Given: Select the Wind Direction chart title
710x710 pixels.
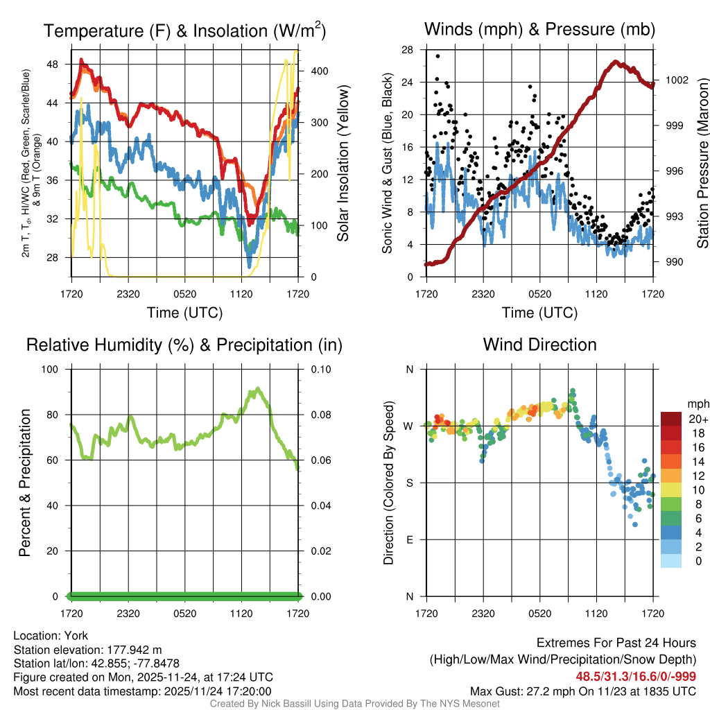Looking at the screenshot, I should tap(539, 345).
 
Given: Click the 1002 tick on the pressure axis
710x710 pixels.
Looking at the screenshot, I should tap(676, 80).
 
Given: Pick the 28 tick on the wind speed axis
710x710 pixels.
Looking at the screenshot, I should tap(408, 49).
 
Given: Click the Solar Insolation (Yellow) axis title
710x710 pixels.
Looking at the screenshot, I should tap(343, 164).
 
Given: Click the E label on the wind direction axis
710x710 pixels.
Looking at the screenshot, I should tap(409, 539).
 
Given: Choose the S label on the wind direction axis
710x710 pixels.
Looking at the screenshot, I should tap(409, 483).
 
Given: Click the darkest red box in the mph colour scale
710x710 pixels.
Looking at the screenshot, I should tap(670, 419).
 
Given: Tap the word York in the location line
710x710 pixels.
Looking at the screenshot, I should tap(76, 635).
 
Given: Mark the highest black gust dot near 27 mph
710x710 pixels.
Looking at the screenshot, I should tap(438, 56).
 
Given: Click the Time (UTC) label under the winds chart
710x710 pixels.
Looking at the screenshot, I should tap(539, 313).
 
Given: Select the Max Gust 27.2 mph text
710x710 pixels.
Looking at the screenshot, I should tap(527, 691).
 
